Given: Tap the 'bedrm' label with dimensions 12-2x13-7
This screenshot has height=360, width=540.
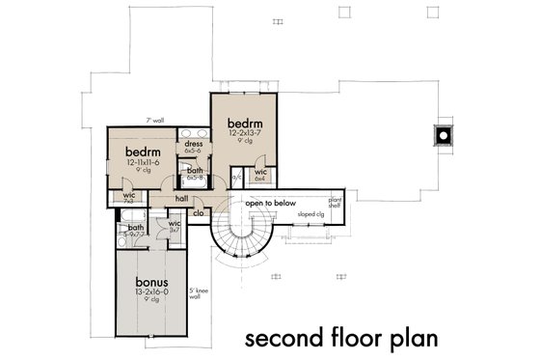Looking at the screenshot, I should (x=244, y=125).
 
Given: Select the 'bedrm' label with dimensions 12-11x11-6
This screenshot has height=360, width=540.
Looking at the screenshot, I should (x=143, y=153).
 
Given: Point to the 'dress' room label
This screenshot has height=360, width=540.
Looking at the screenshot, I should (x=193, y=145).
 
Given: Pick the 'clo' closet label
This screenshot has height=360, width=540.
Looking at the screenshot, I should (x=197, y=213).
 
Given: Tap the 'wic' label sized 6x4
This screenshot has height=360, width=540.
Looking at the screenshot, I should (x=259, y=175).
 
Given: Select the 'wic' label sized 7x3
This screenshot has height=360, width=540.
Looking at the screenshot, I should (x=128, y=196).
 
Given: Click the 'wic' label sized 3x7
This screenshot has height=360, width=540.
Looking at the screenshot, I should (x=175, y=226).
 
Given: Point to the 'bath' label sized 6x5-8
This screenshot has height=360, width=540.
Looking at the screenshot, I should (x=194, y=172).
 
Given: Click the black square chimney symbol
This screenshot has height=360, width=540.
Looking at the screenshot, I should (x=443, y=135).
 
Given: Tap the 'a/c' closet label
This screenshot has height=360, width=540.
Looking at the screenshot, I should (x=236, y=176).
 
